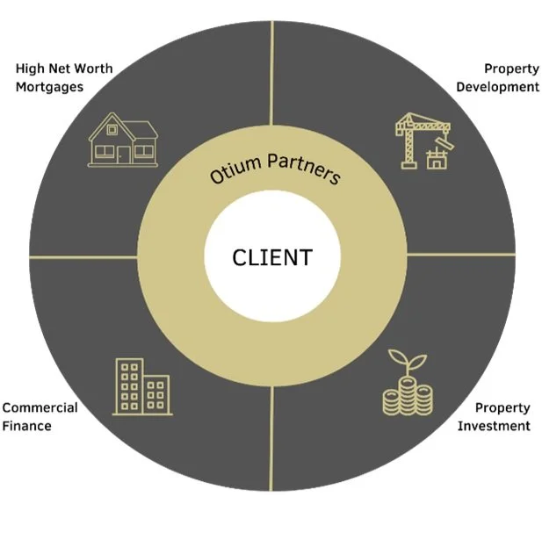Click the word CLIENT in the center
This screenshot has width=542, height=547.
click(x=271, y=257)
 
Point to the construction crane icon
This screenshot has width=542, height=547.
click(x=423, y=140)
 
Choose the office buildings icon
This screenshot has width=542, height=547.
click(x=141, y=386)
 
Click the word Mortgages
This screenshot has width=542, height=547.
click(x=49, y=87)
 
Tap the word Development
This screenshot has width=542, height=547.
click(x=497, y=87)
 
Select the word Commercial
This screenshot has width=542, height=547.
click(x=40, y=407)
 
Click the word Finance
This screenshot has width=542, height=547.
click(x=26, y=426)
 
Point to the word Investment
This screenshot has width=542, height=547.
click(x=494, y=426)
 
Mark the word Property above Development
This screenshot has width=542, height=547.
click(x=511, y=68)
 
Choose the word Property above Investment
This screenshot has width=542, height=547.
click(x=502, y=407)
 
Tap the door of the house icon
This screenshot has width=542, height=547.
click(x=124, y=154)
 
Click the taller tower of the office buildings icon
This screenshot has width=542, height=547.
click(x=129, y=386)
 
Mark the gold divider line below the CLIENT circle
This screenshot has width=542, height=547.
click(x=271, y=439)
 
